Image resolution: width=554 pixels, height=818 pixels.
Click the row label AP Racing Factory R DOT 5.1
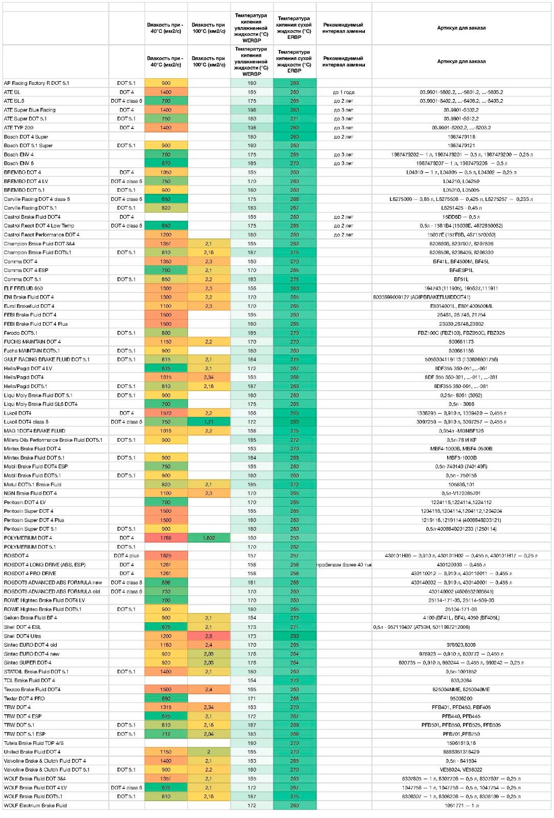pyautogui.click(x=36, y=83)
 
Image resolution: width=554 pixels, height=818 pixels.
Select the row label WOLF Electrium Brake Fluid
pyautogui.click(x=35, y=805)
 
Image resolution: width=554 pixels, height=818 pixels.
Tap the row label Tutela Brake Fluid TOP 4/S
pyautogui.click(x=34, y=743)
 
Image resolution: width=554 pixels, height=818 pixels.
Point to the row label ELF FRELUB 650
pyautogui.click(x=24, y=288)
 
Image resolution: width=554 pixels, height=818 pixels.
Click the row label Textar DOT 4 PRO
pyautogui.click(x=25, y=698)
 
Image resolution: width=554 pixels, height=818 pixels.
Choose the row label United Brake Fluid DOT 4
pyautogui.click(x=32, y=752)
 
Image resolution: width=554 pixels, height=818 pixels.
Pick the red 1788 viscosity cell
pyautogui.click(x=166, y=538)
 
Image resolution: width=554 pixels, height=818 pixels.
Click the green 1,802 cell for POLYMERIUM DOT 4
pyautogui.click(x=209, y=538)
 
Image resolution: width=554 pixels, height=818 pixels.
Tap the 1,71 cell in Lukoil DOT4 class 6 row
pyautogui.click(x=209, y=422)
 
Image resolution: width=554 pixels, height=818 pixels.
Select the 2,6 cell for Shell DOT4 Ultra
pyautogui.click(x=209, y=636)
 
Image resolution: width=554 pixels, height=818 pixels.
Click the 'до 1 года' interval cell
pyautogui.click(x=343, y=92)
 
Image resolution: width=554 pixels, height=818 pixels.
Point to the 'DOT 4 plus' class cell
pyautogui.click(x=126, y=556)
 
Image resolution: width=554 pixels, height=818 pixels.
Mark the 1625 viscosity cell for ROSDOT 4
pyautogui.click(x=166, y=556)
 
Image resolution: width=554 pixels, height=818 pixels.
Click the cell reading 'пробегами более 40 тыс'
pyautogui.click(x=343, y=564)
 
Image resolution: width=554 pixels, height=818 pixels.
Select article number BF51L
pyautogui.click(x=461, y=279)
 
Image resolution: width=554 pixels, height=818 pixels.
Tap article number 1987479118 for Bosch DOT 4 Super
pyautogui.click(x=461, y=137)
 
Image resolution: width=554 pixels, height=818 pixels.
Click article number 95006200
pyautogui.click(x=461, y=698)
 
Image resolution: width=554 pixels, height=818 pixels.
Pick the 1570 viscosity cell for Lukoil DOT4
pyautogui.click(x=166, y=413)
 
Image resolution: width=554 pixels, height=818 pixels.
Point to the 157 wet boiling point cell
pyautogui.click(x=251, y=556)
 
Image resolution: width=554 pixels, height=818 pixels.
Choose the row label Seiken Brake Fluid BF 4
pyautogui.click(x=31, y=618)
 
